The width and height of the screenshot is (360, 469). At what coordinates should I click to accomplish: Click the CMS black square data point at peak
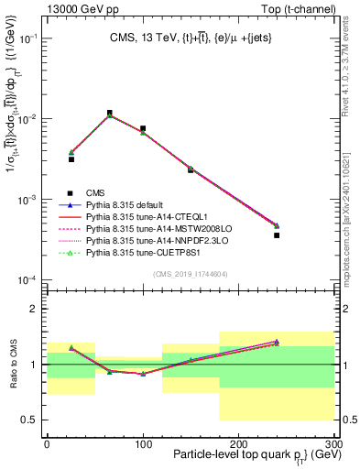point(110,114)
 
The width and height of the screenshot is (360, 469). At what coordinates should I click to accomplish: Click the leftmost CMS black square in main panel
point(71,159)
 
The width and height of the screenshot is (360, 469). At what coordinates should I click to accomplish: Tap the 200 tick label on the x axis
point(238,443)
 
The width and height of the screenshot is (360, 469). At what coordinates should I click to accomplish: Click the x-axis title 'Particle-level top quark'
point(229,456)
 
